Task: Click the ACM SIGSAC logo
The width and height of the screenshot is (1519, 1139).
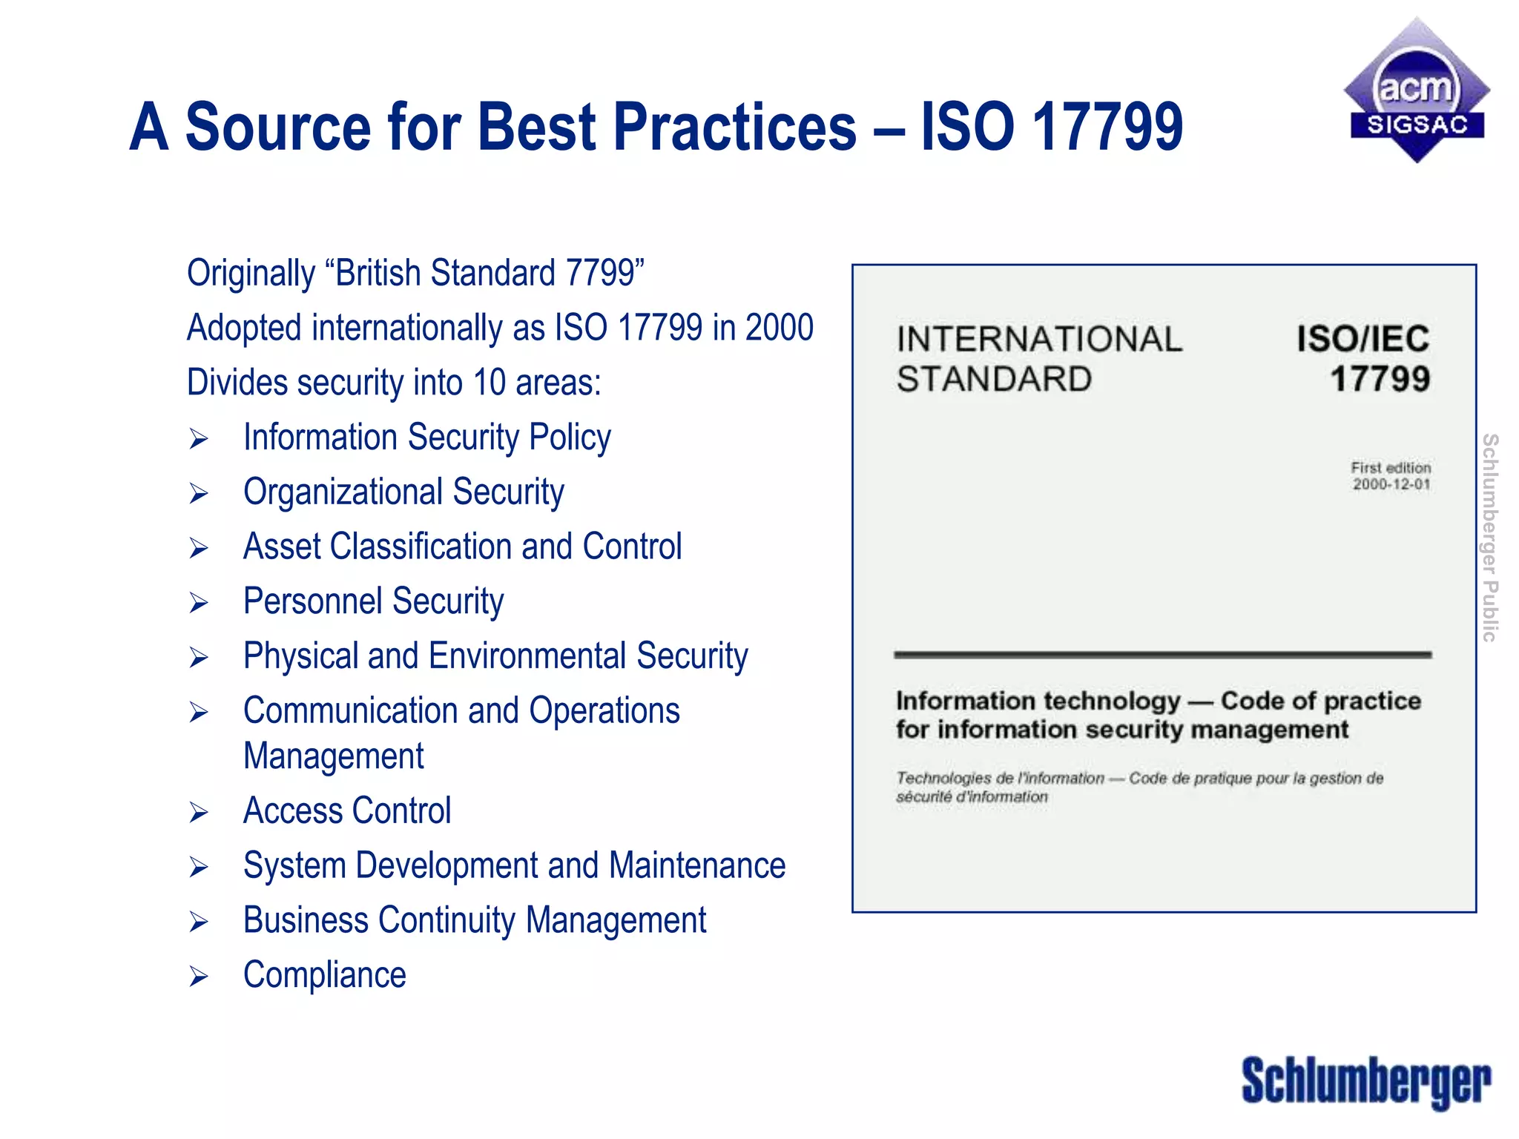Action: click(1417, 91)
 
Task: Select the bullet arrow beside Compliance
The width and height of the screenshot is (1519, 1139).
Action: click(198, 977)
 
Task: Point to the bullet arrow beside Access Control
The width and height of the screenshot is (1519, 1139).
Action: click(198, 813)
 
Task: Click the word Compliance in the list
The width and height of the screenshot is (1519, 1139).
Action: click(325, 975)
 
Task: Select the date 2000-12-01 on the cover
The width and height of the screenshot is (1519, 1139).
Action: click(1391, 485)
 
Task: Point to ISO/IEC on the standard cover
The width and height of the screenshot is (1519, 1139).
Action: click(1363, 340)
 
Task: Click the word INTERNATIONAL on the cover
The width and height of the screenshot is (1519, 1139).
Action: click(1039, 340)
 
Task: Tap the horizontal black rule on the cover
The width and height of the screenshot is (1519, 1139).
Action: click(1162, 655)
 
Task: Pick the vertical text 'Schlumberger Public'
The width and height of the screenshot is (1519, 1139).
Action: click(1489, 538)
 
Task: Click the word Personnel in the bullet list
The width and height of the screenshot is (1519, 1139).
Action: click(314, 601)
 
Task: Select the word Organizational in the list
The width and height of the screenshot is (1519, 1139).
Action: click(344, 492)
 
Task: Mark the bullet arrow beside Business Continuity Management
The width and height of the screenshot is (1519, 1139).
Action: click(198, 922)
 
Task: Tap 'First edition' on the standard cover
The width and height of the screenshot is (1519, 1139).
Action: click(1391, 468)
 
